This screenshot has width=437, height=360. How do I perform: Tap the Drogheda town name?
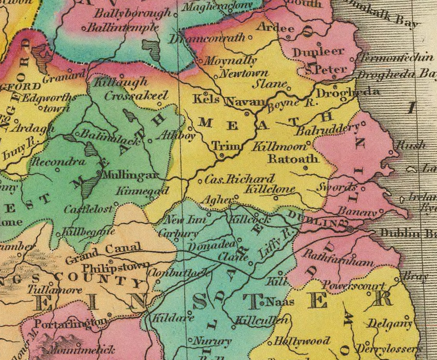click(348, 92)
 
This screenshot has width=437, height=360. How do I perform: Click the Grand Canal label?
click(103, 253)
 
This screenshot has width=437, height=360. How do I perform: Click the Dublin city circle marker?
click(349, 229)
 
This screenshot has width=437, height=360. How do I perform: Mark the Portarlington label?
click(71, 323)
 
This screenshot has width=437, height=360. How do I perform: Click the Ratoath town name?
click(293, 158)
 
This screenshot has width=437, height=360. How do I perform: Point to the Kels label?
click(206, 100)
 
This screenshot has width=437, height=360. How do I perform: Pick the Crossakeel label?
click(136, 96)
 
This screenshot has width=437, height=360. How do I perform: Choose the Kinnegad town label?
click(138, 191)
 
